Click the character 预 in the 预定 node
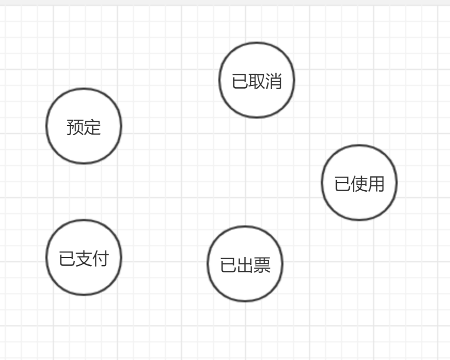point(75,128)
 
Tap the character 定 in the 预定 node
point(92,128)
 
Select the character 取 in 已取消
point(257,82)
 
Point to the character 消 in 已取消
point(273,82)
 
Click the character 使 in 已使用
point(359,184)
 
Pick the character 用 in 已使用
point(376,184)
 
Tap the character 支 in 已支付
point(84,259)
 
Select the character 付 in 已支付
point(100,259)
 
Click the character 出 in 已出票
point(245,265)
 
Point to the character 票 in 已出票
point(262,265)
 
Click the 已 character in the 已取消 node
point(240,82)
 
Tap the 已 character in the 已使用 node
point(342,184)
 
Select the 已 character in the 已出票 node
point(228,265)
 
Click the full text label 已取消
point(257,82)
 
